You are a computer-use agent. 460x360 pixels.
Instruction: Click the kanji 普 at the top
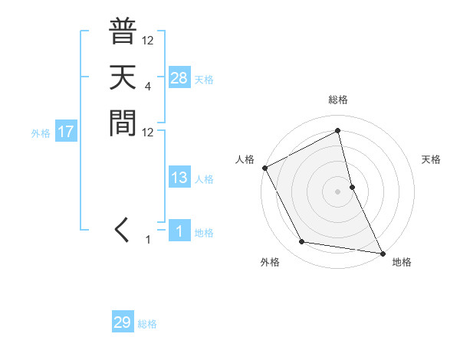click(x=123, y=32)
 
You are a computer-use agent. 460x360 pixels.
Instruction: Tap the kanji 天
click(x=123, y=77)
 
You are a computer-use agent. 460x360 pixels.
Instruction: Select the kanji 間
click(x=123, y=122)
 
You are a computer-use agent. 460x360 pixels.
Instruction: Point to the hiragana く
click(x=122, y=229)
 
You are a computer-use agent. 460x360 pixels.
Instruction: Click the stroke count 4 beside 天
click(x=147, y=87)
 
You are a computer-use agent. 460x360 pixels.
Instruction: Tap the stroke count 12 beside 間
click(x=147, y=132)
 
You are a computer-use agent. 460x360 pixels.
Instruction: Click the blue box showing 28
click(x=179, y=77)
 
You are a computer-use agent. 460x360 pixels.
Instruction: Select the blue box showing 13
click(x=179, y=178)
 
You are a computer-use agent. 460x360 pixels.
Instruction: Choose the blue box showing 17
click(x=66, y=132)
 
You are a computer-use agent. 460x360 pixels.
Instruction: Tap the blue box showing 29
click(x=123, y=322)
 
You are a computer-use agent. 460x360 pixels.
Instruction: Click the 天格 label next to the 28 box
click(x=204, y=79)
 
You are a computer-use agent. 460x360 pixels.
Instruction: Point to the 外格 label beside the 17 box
click(x=41, y=133)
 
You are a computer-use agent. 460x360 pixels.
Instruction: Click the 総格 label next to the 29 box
click(x=147, y=324)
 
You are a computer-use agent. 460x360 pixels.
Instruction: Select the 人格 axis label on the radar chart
click(x=245, y=159)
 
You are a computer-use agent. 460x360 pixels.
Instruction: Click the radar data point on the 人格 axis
click(x=264, y=168)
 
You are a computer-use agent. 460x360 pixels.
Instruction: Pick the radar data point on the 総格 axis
click(x=338, y=131)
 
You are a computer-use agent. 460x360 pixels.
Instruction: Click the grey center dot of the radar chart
click(x=338, y=191)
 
